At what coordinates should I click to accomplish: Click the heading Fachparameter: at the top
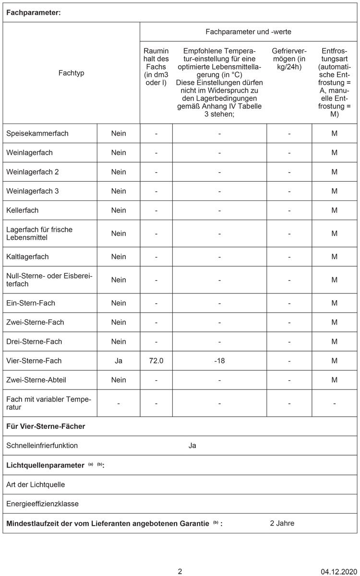[34, 13]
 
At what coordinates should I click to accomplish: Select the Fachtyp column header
[71, 73]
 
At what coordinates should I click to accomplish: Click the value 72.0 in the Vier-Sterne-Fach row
[156, 361]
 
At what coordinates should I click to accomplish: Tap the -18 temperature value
[219, 361]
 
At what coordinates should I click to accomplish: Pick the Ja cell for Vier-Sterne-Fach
[119, 361]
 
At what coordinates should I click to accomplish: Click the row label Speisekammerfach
[37, 133]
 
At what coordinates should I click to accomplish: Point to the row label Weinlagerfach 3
[33, 191]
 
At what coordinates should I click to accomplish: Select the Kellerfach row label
[23, 210]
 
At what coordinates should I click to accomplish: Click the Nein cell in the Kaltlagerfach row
[119, 257]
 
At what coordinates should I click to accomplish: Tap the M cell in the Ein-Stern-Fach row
[334, 303]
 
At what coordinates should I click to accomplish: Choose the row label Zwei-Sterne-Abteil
[36, 380]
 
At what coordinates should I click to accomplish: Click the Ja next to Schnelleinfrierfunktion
[192, 446]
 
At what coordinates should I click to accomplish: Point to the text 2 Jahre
[282, 523]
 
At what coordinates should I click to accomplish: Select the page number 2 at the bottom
[180, 571]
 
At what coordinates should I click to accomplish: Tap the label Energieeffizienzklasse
[43, 504]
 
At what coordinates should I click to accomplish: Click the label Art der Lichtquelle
[36, 484]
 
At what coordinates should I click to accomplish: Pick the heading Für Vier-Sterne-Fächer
[46, 426]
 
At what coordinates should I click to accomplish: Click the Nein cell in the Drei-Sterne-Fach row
[119, 341]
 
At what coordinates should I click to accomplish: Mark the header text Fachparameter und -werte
[248, 32]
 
